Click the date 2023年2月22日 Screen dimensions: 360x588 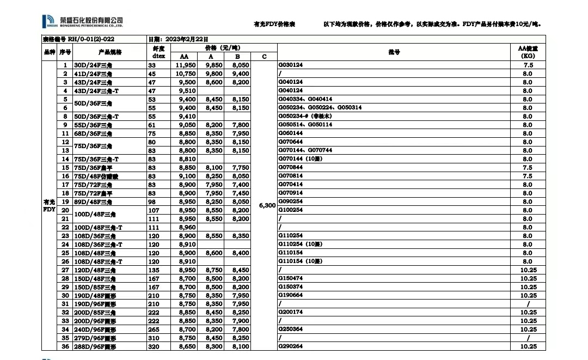tap(171, 39)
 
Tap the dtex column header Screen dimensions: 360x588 tap(158, 56)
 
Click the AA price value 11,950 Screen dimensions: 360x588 tap(186, 65)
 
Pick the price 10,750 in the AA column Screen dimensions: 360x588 tap(186, 74)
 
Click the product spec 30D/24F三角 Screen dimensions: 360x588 tap(93, 65)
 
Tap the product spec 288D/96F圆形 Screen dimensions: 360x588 tap(95, 347)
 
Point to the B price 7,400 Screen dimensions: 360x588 tap(241, 185)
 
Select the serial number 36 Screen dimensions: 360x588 tap(65, 347)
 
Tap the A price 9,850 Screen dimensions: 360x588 tap(214, 65)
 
